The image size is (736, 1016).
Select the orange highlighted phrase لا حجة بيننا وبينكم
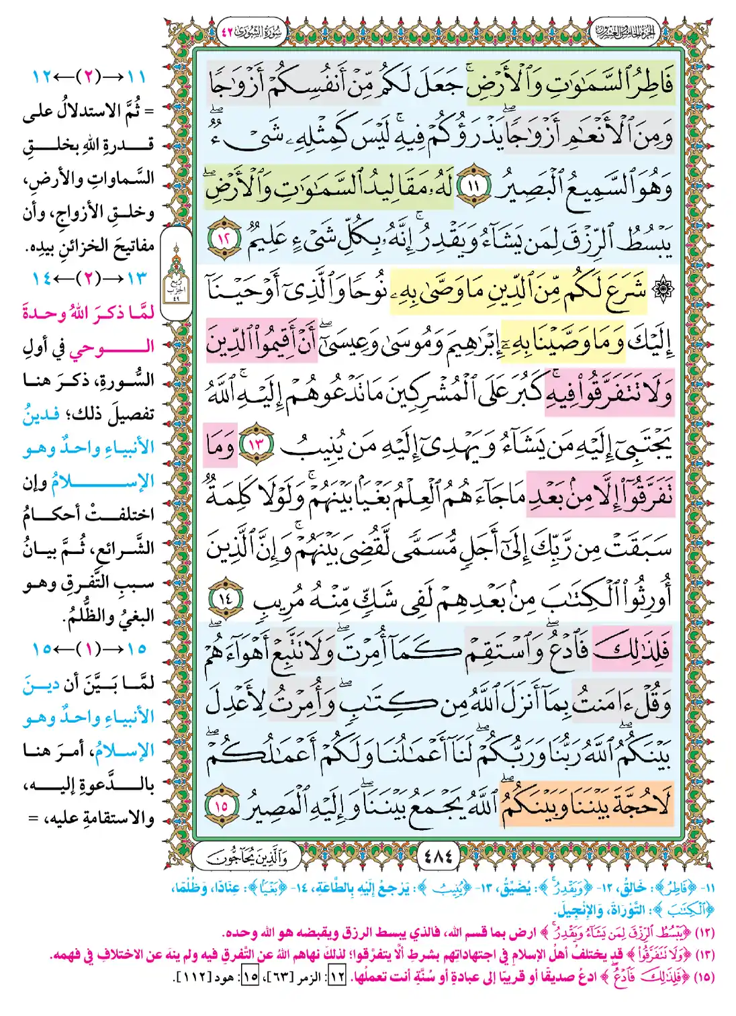(x=586, y=804)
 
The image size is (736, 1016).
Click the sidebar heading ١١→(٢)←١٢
(x=89, y=77)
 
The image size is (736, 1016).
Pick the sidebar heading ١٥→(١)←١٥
(x=89, y=649)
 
